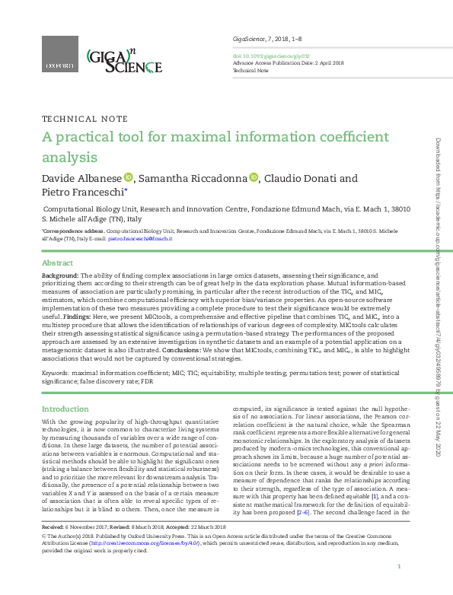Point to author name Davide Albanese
coord(81,179)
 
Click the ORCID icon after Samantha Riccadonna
coord(254,178)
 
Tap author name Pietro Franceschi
coord(81,193)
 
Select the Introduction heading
coord(65,409)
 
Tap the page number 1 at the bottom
coord(400,567)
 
